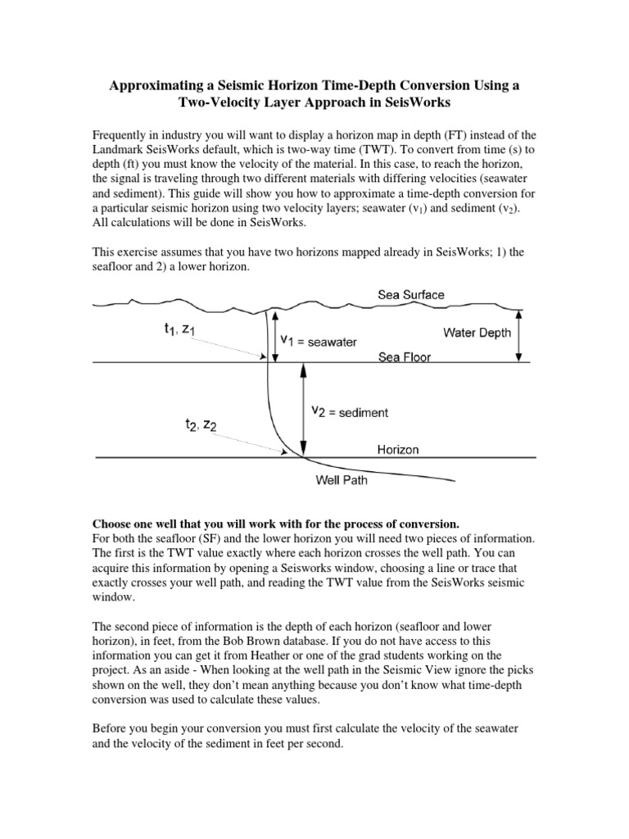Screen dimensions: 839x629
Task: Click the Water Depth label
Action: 477,333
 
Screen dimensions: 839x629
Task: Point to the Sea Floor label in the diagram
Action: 405,357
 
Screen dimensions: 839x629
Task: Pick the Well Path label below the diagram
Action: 342,480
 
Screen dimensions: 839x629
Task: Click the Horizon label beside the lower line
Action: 398,450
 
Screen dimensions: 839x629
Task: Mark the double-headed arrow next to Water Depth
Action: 518,334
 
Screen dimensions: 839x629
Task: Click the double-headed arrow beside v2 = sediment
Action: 305,410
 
